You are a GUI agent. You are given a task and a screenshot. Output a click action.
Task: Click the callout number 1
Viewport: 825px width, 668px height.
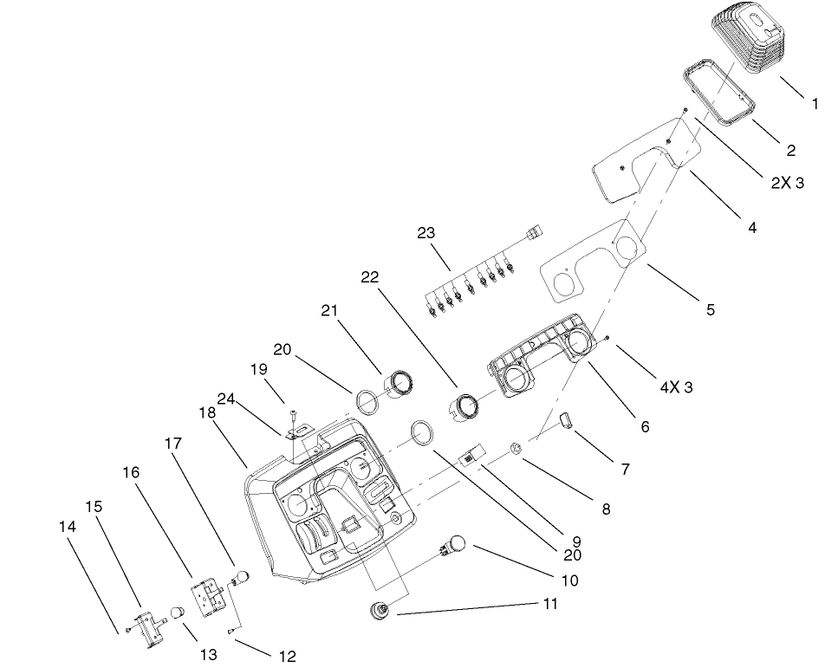[x=815, y=102]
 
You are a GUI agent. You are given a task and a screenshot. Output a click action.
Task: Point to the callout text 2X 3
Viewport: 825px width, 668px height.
[x=786, y=183]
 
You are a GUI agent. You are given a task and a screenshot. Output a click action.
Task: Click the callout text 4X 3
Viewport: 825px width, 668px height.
[x=676, y=387]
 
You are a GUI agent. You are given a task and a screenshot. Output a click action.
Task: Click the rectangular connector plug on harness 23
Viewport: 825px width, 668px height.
[x=533, y=232]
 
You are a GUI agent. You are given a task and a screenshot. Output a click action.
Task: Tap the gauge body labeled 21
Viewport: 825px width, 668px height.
[x=398, y=384]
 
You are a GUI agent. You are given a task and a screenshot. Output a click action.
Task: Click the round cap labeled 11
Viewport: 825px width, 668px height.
[x=379, y=612]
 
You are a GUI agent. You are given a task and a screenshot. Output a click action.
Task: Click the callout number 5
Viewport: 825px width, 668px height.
[x=710, y=308]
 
